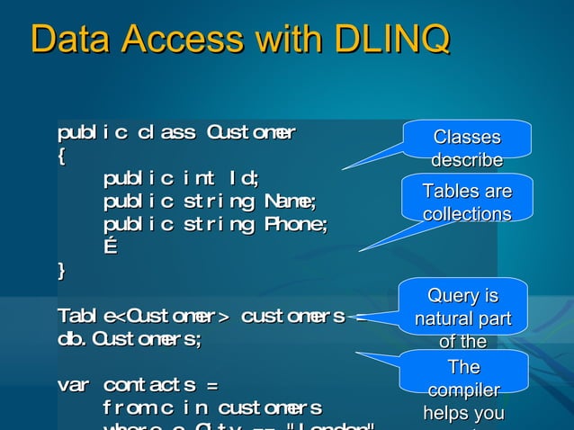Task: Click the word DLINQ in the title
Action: coord(391,40)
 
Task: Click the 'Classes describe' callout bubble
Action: coord(466,147)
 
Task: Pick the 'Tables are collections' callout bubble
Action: coord(467,202)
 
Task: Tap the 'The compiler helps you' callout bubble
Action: coord(463,390)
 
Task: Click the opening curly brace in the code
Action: coord(61,157)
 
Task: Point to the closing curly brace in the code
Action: coord(61,269)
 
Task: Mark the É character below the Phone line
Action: coord(110,246)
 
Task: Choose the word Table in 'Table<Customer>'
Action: coord(85,316)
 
